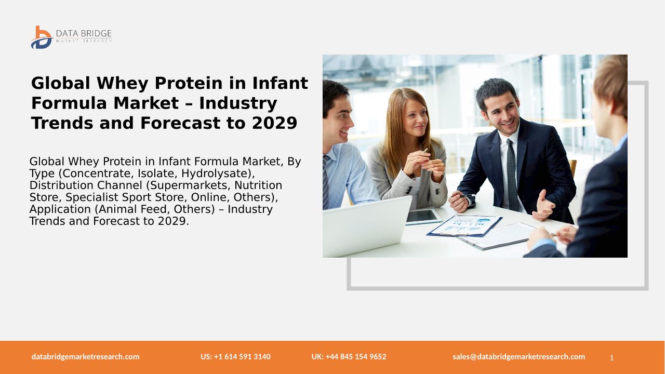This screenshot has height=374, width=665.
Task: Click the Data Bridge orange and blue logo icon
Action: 42,37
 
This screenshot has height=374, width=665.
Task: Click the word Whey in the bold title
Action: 122,83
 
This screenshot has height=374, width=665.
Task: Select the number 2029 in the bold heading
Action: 274,123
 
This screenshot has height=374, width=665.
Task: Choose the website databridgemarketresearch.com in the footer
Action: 86,356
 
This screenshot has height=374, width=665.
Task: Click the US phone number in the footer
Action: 235,356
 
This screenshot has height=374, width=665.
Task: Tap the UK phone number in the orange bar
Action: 349,356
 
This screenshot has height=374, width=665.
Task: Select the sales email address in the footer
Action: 518,356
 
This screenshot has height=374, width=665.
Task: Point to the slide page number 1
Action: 611,358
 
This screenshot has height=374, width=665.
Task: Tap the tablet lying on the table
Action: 423,216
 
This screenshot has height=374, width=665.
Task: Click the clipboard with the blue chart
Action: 464,226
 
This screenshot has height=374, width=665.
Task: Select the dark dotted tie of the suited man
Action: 513,175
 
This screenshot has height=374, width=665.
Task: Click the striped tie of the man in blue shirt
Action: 326,182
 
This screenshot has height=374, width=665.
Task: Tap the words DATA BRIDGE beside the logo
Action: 84,33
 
